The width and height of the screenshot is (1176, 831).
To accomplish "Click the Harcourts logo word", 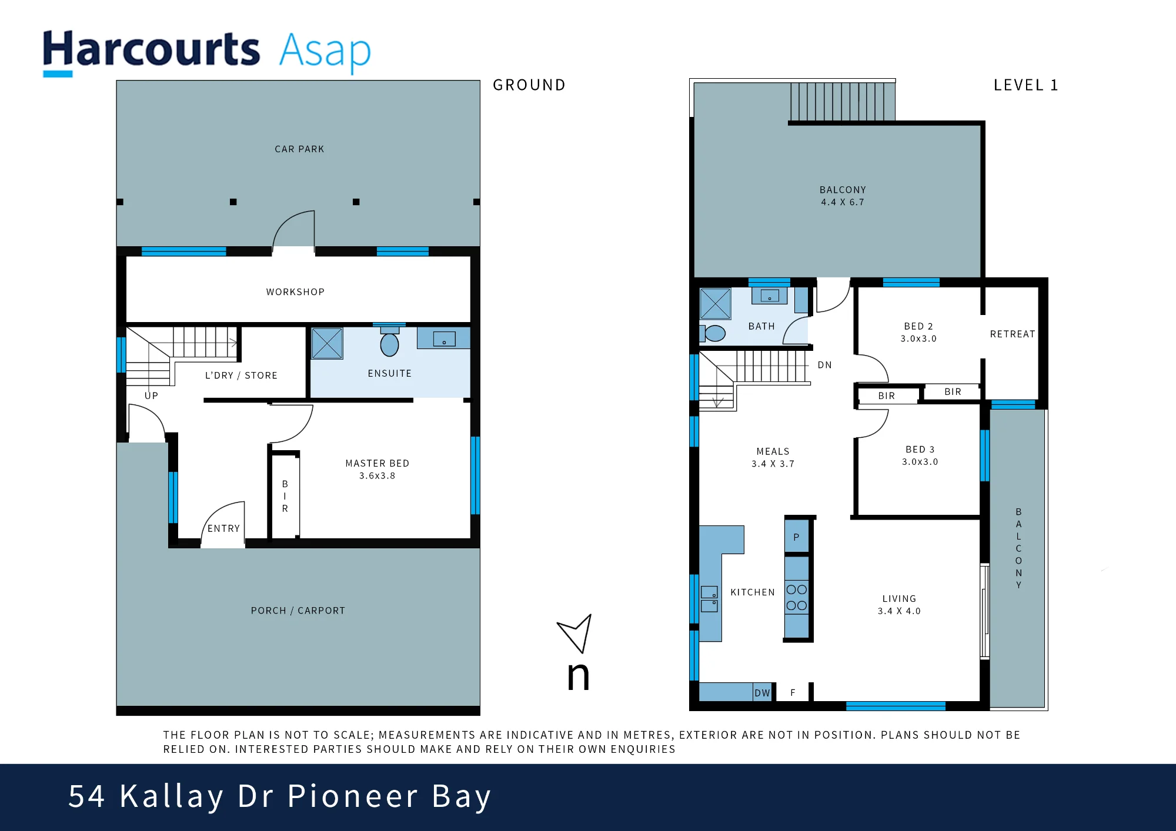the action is coord(151,49).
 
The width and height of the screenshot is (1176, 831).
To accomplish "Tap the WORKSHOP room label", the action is coord(295,292).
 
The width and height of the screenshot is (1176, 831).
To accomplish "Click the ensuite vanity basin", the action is coord(444,339).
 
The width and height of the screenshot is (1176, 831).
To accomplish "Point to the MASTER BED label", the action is coord(377,463).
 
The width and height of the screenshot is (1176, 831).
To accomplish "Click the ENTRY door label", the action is coord(223,528).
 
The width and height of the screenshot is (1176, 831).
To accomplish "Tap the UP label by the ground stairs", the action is coord(151,396).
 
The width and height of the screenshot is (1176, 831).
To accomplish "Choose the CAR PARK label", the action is coord(299,149).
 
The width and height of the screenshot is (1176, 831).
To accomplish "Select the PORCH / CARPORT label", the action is coord(298,611).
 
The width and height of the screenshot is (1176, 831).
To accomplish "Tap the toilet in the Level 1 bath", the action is coord(713,333).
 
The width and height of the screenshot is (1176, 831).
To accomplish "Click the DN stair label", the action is coord(825,365).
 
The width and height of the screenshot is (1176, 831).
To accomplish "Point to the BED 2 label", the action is coord(918,326).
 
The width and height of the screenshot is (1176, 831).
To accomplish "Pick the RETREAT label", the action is coord(1013,334).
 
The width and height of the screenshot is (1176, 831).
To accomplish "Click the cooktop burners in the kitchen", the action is coord(797,598).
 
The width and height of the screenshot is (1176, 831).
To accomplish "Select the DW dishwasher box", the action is coord(762,692).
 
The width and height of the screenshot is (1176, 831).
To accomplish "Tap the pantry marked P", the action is coord(797,537).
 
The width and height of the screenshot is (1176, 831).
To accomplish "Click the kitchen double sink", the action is coord(709,599).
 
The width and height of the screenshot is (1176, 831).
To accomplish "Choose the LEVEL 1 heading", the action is coord(1025,85).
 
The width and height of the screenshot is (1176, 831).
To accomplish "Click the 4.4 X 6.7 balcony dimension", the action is coord(843,202).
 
